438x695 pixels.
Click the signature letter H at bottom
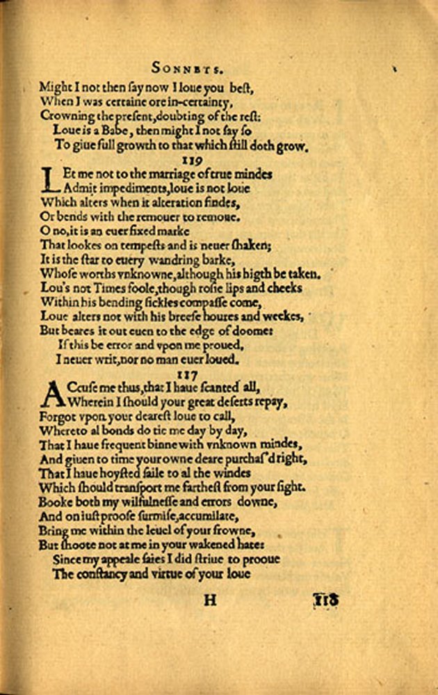[210, 600]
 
